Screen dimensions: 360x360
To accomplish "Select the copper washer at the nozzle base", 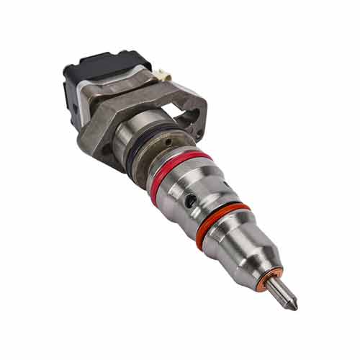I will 274,277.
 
